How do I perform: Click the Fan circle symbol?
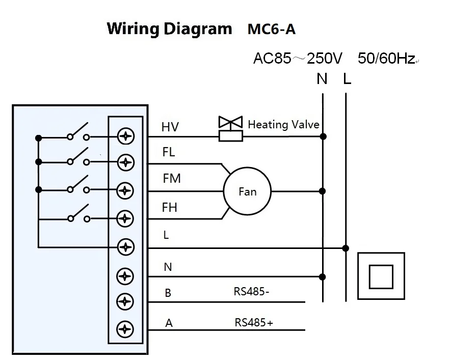point(247,191)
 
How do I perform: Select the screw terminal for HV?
point(125,136)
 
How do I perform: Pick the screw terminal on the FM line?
point(125,191)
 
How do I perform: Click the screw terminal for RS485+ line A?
point(125,329)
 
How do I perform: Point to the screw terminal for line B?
point(125,301)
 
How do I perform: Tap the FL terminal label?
point(169,152)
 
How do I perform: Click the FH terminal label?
point(169,207)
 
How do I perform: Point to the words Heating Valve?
point(283,124)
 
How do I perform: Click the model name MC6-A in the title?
point(271,29)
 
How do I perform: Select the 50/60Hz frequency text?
point(386,59)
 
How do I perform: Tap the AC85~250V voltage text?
point(298,59)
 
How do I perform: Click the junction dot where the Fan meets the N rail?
point(322,191)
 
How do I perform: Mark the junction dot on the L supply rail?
point(346,248)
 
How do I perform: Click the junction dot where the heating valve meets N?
point(322,136)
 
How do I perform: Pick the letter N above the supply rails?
point(322,79)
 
